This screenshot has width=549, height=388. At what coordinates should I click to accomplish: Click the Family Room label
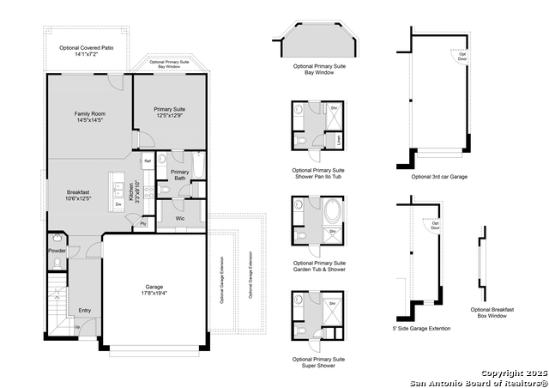click(x=88, y=118)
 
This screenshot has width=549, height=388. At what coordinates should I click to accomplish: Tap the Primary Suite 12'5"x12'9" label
click(x=169, y=112)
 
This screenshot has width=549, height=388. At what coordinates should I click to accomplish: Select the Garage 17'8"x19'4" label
click(x=154, y=290)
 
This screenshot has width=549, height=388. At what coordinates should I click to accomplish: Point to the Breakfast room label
click(x=78, y=195)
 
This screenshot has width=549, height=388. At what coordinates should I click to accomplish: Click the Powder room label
click(x=57, y=251)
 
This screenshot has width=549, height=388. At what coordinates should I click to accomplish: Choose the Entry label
click(x=85, y=311)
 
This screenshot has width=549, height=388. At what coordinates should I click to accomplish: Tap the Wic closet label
click(x=180, y=218)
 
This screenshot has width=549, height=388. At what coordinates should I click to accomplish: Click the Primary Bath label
click(x=180, y=175)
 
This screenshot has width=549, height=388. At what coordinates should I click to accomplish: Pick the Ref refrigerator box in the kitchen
click(x=148, y=161)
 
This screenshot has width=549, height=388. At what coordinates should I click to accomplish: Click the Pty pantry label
click(x=142, y=223)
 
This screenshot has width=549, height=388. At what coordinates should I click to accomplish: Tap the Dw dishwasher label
click(x=118, y=204)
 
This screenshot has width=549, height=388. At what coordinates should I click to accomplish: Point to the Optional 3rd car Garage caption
click(x=439, y=176)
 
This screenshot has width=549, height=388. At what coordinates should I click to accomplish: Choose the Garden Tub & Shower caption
click(x=318, y=265)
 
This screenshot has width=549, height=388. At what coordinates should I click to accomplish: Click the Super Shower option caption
click(x=318, y=361)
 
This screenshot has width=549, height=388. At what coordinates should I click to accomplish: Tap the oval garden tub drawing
click(x=331, y=211)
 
